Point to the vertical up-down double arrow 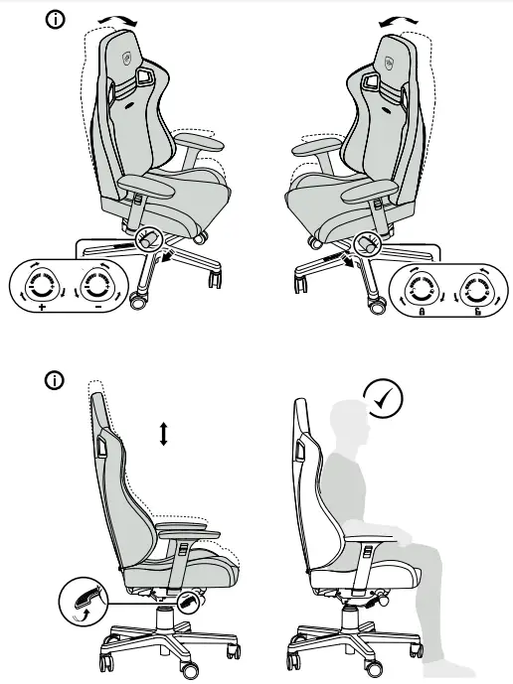[164, 433]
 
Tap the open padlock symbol [477, 313]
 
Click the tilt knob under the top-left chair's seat [149, 239]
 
